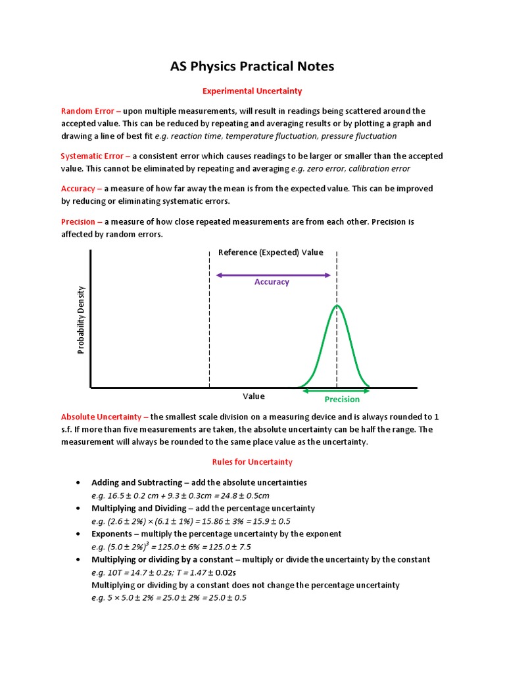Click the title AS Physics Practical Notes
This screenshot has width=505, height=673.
pyautogui.click(x=252, y=66)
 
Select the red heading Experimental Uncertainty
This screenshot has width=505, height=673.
pyautogui.click(x=252, y=91)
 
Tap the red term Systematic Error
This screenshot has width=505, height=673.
pyautogui.click(x=91, y=156)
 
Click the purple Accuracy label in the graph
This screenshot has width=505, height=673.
pyautogui.click(x=272, y=282)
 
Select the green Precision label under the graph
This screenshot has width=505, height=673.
pyautogui.click(x=342, y=400)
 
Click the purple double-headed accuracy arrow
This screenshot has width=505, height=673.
pyautogui.click(x=273, y=275)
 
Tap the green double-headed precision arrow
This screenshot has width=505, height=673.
pyautogui.click(x=335, y=390)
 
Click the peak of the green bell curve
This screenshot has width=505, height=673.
pyautogui.click(x=337, y=306)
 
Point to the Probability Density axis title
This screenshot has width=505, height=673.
pyautogui.click(x=82, y=320)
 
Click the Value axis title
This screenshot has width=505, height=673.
pyautogui.click(x=254, y=396)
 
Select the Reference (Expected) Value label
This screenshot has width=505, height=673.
pyautogui.click(x=270, y=252)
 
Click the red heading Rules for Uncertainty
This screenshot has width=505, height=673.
pyautogui.click(x=252, y=462)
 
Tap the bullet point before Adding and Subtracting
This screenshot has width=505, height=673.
pyautogui.click(x=78, y=482)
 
